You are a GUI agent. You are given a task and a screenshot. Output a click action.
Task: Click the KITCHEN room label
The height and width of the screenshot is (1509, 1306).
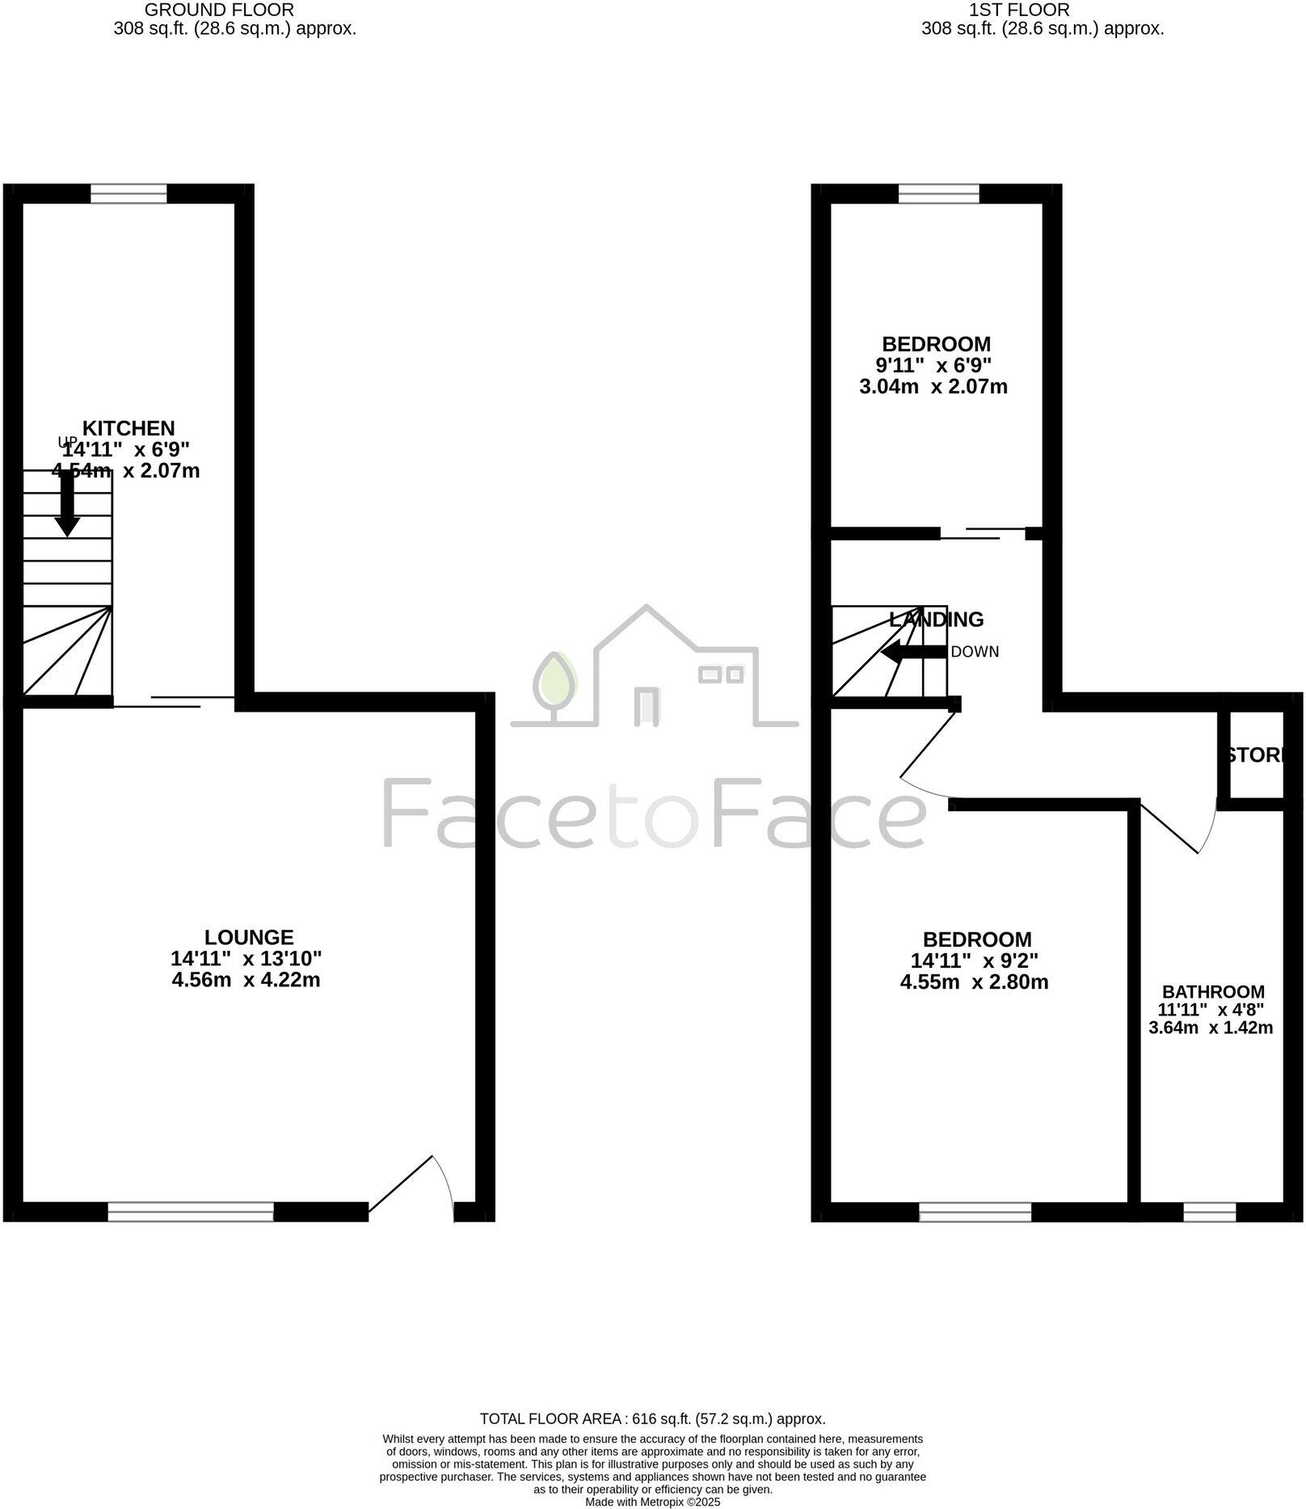(x=129, y=428)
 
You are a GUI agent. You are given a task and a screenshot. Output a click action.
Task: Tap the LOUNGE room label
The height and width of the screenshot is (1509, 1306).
(x=249, y=937)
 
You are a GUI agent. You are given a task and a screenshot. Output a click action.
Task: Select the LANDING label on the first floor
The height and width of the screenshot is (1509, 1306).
(x=937, y=620)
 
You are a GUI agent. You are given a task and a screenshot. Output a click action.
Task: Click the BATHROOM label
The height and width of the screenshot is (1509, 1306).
(x=1213, y=992)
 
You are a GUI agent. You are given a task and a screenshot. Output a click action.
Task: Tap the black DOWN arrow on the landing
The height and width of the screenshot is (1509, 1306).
(x=913, y=652)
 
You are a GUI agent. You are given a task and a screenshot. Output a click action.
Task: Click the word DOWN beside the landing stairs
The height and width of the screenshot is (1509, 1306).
(x=975, y=652)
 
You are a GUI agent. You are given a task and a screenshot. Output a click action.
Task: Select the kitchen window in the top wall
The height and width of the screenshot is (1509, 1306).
(x=128, y=194)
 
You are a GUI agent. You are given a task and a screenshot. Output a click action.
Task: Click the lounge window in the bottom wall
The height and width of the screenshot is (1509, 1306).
(x=191, y=1212)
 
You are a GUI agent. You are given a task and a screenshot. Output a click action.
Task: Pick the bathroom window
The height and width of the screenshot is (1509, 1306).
(x=1210, y=1212)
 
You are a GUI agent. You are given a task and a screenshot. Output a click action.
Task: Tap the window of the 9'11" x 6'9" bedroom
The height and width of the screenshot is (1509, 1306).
(x=938, y=194)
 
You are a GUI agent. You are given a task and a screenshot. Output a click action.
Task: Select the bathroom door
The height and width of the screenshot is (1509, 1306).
(x=1176, y=828)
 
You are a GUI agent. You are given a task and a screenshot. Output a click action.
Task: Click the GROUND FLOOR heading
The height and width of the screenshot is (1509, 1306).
(x=219, y=10)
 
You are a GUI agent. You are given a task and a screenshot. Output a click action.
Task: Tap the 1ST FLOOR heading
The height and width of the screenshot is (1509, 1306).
(x=1018, y=10)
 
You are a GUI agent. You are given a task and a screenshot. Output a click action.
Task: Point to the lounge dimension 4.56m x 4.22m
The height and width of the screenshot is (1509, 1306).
(x=246, y=980)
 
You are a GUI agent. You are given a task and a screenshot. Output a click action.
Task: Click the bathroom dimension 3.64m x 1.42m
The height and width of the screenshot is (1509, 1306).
(x=1211, y=1028)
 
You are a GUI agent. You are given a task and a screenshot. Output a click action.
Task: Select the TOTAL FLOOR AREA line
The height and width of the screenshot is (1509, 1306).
(x=652, y=1419)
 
